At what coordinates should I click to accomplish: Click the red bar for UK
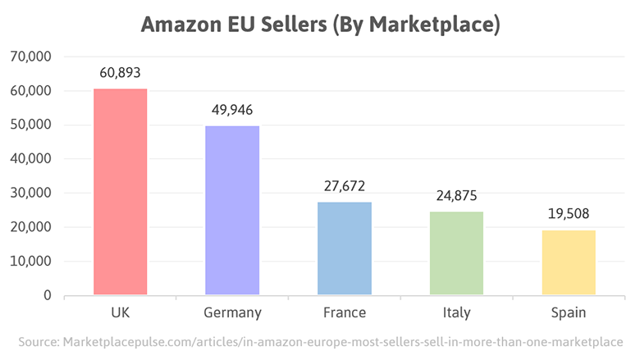[121, 192]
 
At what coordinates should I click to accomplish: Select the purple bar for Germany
[232, 210]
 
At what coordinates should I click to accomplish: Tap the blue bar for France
[345, 248]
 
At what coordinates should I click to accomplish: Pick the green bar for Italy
[456, 253]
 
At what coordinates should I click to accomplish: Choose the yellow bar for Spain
[569, 262]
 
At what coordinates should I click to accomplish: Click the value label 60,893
[121, 72]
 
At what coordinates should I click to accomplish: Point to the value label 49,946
[232, 109]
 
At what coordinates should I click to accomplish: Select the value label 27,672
[345, 186]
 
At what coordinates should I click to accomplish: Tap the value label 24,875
[456, 196]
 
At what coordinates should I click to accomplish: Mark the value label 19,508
[569, 214]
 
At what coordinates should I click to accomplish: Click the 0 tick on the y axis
[48, 295]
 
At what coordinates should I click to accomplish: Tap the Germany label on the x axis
[232, 312]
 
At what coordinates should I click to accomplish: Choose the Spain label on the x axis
[569, 312]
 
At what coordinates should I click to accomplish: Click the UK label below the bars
[121, 312]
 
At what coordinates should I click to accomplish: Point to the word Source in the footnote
[39, 340]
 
